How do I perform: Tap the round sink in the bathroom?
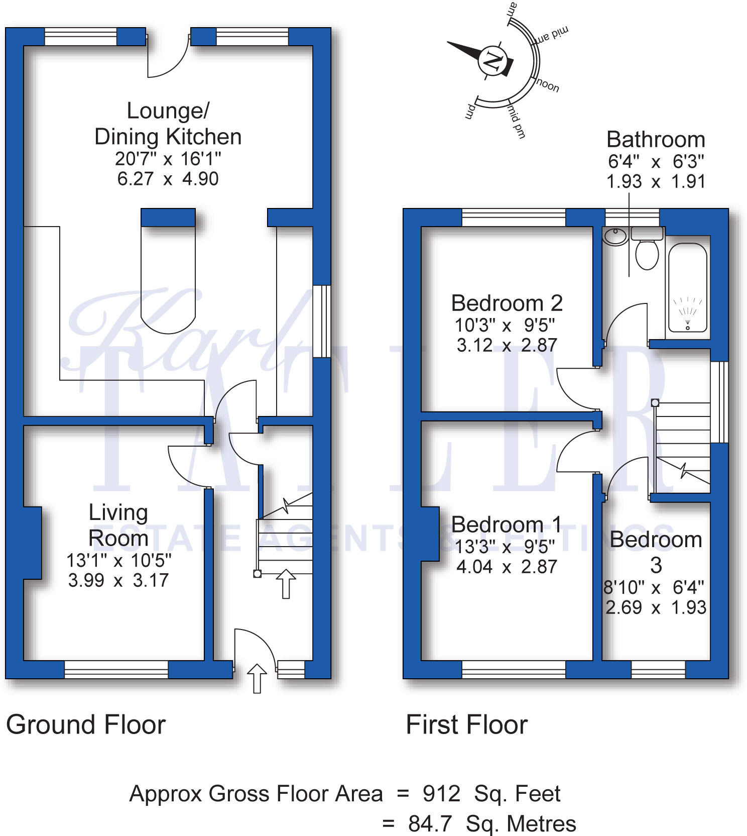(x=614, y=236)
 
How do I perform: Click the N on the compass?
(x=492, y=61)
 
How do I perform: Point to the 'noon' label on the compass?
(x=548, y=85)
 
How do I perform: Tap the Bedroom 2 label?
(x=507, y=303)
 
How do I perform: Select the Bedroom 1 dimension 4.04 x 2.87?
(x=507, y=567)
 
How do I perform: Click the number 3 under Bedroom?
(x=656, y=566)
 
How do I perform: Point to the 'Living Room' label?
(x=118, y=526)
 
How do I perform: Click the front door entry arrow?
(x=257, y=678)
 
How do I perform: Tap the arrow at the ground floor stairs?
(x=286, y=583)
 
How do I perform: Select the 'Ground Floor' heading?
(x=86, y=724)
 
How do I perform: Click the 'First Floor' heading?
(x=466, y=724)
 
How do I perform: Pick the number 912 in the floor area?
(x=441, y=794)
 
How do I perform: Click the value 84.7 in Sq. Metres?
(x=430, y=824)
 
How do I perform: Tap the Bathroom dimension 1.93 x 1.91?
(x=656, y=181)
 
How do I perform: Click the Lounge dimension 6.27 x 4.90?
(x=168, y=179)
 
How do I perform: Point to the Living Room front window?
(x=116, y=669)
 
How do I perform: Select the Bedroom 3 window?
(x=658, y=669)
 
